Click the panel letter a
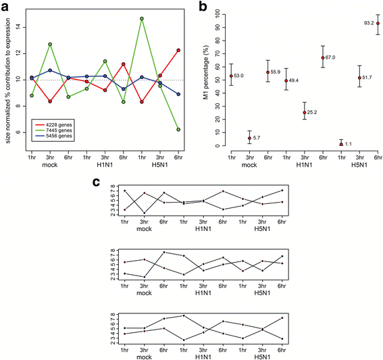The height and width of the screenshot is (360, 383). click(5, 5)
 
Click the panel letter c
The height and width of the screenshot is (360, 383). click(98, 183)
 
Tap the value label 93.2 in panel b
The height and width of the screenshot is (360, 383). click(366, 23)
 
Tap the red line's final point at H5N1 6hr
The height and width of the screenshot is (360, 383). click(178, 50)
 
